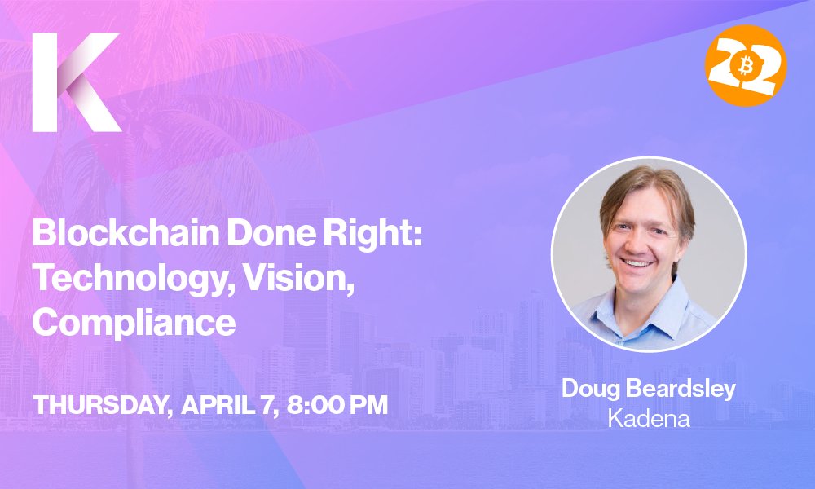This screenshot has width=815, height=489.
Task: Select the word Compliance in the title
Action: pos(134,323)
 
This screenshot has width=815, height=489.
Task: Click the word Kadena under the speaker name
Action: pos(649,419)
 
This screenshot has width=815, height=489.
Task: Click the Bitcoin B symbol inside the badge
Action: pos(745,67)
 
